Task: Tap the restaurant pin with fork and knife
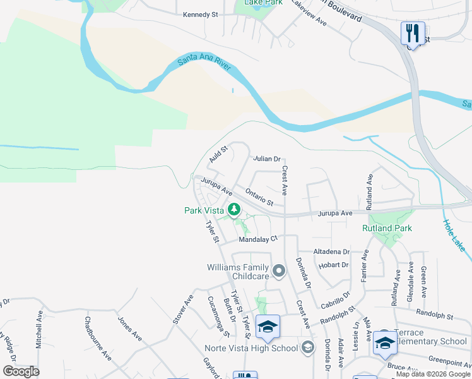pos(413,33)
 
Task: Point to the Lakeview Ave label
pos(309,15)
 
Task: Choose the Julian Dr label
pos(266,159)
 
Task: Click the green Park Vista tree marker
pos(234,208)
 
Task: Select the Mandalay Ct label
pos(257,239)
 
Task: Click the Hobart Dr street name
pos(334,265)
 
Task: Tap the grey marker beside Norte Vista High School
pos(307,346)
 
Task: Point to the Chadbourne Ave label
pos(98,339)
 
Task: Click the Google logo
pos(21,371)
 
